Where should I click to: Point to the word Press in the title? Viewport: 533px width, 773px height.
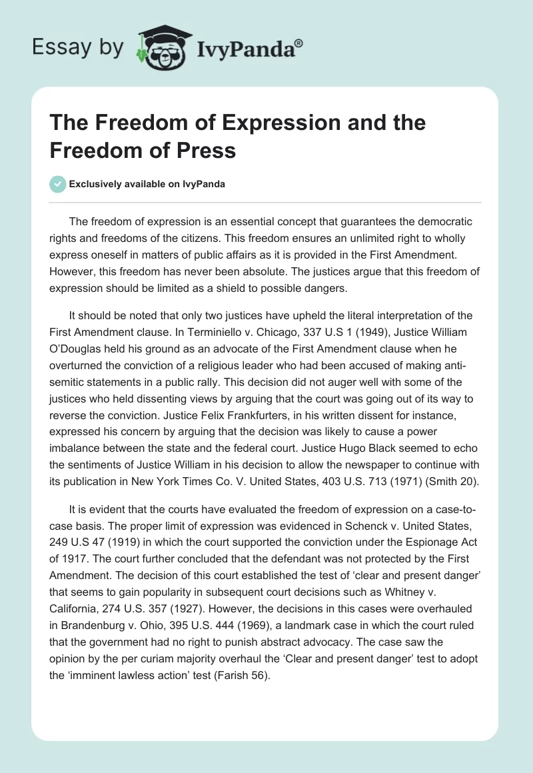tap(207, 150)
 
